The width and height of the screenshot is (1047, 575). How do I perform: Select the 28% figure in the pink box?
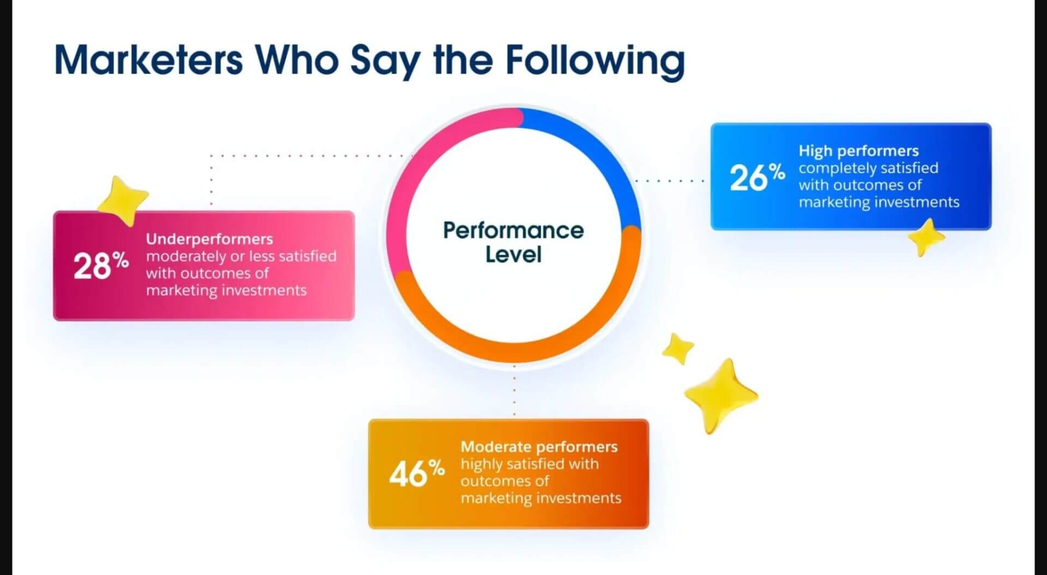tap(101, 265)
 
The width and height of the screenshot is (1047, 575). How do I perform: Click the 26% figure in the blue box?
tap(757, 177)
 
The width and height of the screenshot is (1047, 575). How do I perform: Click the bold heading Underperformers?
tap(209, 239)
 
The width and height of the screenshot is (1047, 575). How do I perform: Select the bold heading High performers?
tap(858, 150)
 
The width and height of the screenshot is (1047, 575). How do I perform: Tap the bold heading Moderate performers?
tap(539, 446)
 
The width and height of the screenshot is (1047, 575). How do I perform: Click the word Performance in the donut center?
tap(513, 231)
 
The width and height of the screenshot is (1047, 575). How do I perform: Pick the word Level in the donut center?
tap(513, 255)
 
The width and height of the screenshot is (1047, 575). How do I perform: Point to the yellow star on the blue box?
tap(925, 237)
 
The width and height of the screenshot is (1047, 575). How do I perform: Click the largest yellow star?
tap(720, 395)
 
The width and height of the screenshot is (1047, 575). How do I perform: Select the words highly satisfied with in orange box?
tap(529, 464)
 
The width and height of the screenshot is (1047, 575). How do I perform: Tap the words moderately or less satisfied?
tap(241, 256)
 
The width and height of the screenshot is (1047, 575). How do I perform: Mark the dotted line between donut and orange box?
tap(514, 390)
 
